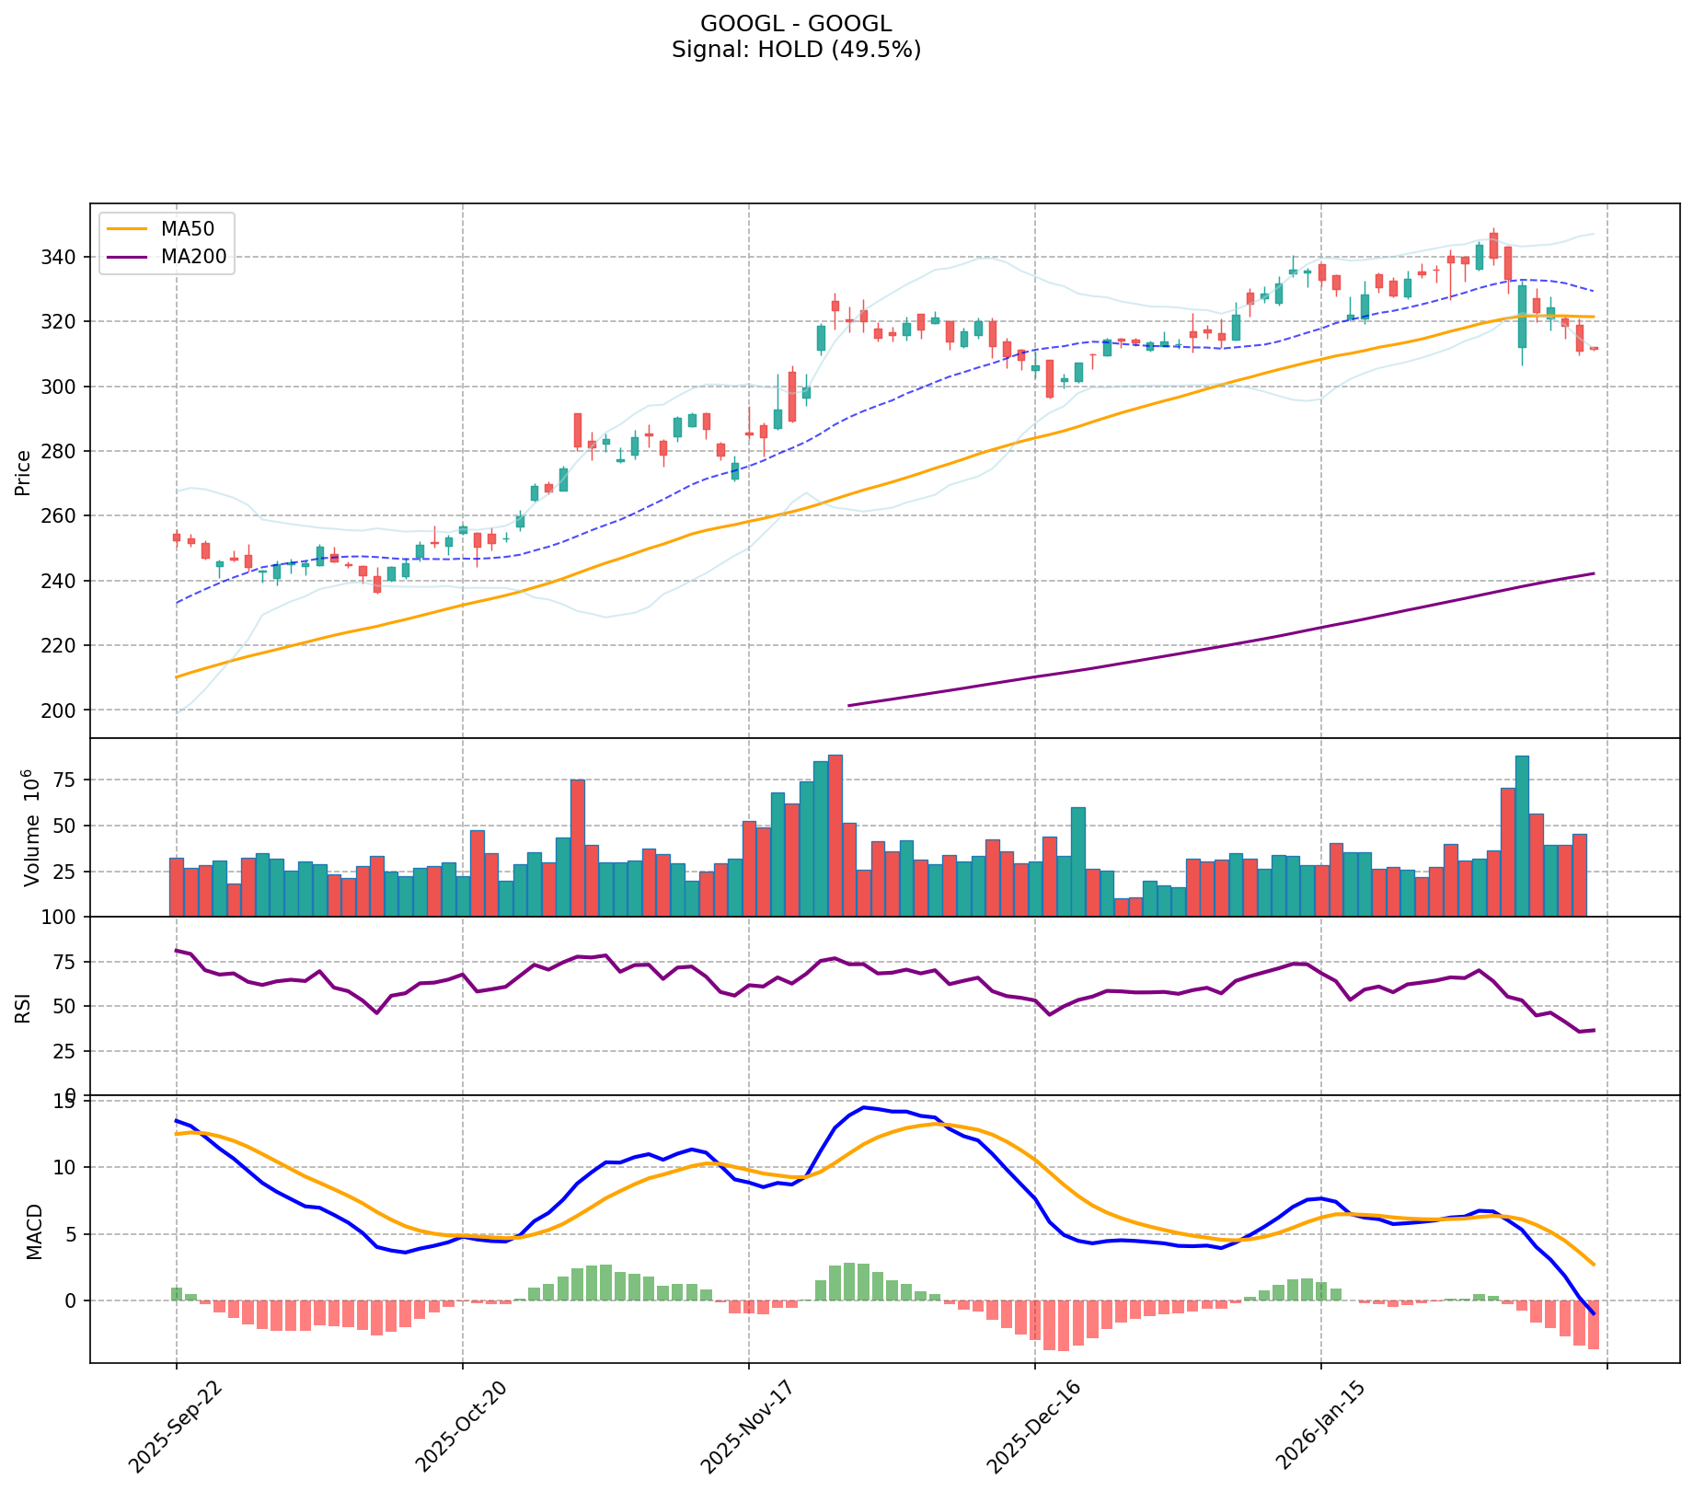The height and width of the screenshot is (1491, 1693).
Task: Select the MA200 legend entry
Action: click(x=193, y=258)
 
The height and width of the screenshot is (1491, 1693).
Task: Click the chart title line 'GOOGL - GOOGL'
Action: click(x=796, y=24)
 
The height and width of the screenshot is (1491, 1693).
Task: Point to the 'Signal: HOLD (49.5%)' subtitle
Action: click(x=796, y=50)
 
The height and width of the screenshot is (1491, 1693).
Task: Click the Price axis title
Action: click(x=24, y=471)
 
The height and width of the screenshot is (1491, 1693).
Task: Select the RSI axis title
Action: click(x=24, y=1006)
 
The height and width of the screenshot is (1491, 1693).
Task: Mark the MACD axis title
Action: click(x=35, y=1231)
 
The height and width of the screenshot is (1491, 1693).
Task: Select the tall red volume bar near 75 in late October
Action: click(x=578, y=848)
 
